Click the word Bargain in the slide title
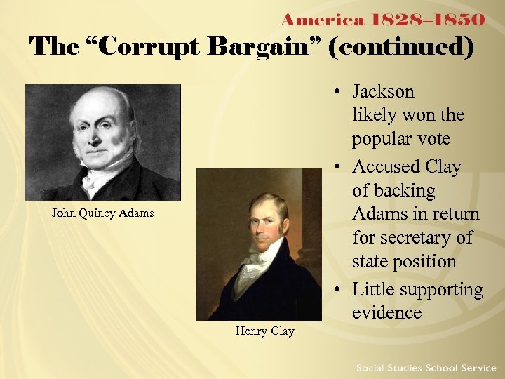[255, 47]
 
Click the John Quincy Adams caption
[102, 213]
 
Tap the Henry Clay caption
[264, 331]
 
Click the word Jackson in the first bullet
[383, 92]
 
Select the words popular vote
[401, 139]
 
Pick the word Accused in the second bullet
[383, 167]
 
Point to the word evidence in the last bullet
[387, 313]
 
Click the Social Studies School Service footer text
[426, 368]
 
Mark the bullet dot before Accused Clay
[337, 168]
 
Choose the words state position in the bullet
[404, 262]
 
